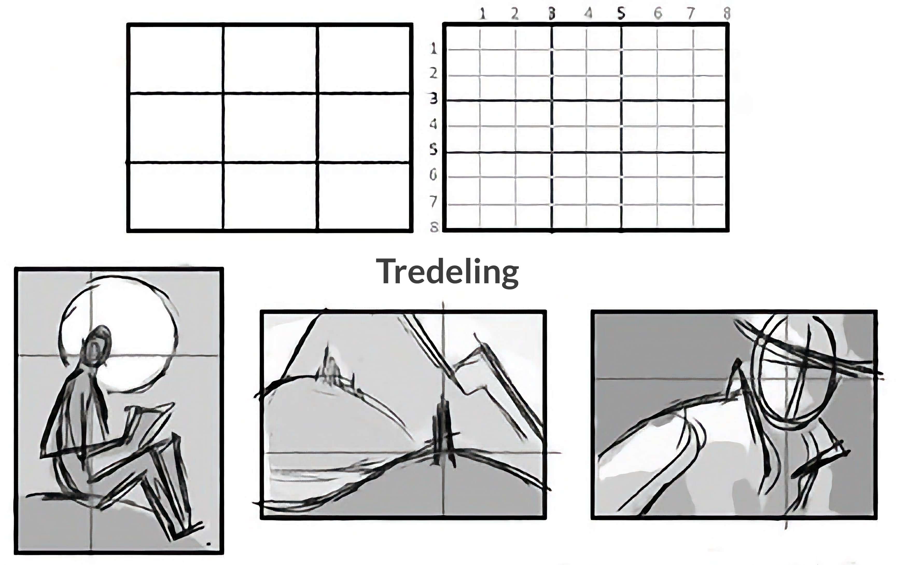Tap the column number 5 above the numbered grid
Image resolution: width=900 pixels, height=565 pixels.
pos(621,14)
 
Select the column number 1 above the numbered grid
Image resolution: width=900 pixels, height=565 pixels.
pos(483,14)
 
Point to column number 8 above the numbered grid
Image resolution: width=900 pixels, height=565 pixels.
pos(726,14)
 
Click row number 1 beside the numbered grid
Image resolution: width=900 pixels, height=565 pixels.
pos(434,49)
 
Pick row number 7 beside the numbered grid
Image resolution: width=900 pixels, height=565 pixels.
pos(434,202)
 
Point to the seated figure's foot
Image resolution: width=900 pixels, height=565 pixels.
pos(187,530)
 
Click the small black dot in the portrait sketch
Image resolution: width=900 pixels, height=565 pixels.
pos(208,544)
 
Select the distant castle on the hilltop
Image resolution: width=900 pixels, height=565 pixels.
pos(331,368)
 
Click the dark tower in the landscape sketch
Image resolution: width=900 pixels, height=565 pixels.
pos(444,433)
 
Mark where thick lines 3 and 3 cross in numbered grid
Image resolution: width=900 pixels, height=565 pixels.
pos(552,100)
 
